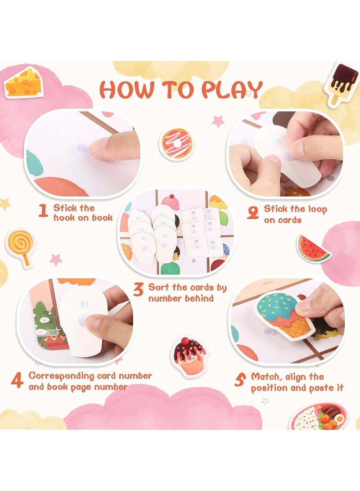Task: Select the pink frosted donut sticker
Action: (x=176, y=144)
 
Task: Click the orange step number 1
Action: (x=43, y=211)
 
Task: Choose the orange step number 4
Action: (x=17, y=380)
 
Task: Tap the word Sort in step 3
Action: (x=160, y=287)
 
